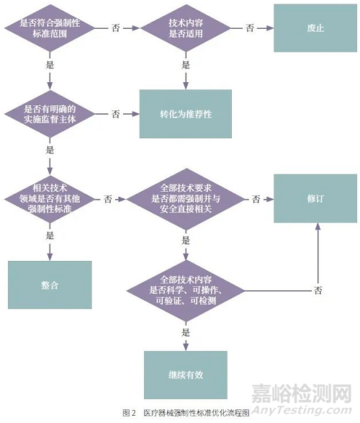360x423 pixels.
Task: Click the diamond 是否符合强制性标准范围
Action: pyautogui.click(x=50, y=28)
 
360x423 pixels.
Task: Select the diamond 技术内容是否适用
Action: pyautogui.click(x=185, y=28)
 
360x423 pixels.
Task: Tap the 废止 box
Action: pyautogui.click(x=315, y=27)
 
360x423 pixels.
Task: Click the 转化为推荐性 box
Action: pyautogui.click(x=185, y=114)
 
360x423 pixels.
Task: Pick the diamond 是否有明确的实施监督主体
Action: pyautogui.click(x=50, y=114)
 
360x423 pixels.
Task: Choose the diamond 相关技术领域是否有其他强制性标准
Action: pyautogui.click(x=50, y=198)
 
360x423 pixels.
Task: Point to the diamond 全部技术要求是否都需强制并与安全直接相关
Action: pyautogui.click(x=185, y=198)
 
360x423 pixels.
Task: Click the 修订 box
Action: pyautogui.click(x=315, y=198)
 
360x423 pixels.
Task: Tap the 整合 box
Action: pyautogui.click(x=50, y=285)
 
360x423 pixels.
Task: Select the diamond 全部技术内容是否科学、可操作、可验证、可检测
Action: pyautogui.click(x=185, y=289)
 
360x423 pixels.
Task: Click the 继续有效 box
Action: pyautogui.click(x=185, y=375)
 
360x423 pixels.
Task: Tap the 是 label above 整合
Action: pyautogui.click(x=50, y=236)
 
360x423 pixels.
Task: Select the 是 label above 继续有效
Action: pyautogui.click(x=185, y=332)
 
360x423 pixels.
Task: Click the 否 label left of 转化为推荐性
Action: pyautogui.click(x=115, y=114)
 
